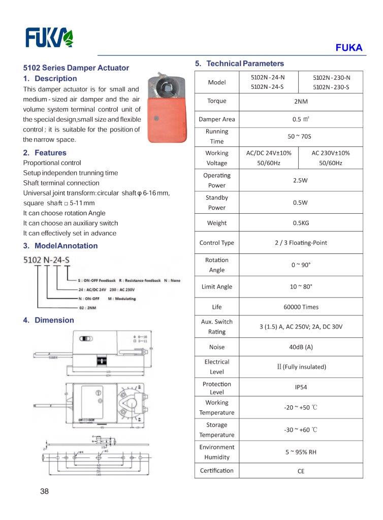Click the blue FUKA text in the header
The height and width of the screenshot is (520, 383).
(348, 48)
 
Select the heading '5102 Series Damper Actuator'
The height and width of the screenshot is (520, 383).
(76, 68)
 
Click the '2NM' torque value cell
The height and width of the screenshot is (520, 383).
(301, 101)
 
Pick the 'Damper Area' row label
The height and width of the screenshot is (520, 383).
(217, 119)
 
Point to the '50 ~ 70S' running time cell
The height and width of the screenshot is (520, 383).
(301, 137)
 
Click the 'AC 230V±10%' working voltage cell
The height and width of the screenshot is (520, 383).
(330, 153)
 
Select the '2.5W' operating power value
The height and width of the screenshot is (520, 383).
(301, 180)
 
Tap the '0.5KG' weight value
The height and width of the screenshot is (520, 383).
(301, 223)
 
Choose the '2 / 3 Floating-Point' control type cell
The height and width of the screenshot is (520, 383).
(301, 243)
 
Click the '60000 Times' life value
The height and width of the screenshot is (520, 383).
(301, 307)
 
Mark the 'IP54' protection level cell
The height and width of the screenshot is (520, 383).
(301, 387)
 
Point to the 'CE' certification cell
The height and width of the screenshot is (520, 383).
(301, 471)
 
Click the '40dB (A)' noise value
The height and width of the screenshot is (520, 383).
(301, 347)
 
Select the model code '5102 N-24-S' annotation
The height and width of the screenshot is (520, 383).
(47, 261)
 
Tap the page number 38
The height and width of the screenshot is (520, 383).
(44, 491)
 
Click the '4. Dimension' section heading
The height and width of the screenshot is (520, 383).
(49, 320)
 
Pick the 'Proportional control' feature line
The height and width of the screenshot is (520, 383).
(52, 163)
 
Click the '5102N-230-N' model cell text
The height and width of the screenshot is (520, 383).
(331, 78)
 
